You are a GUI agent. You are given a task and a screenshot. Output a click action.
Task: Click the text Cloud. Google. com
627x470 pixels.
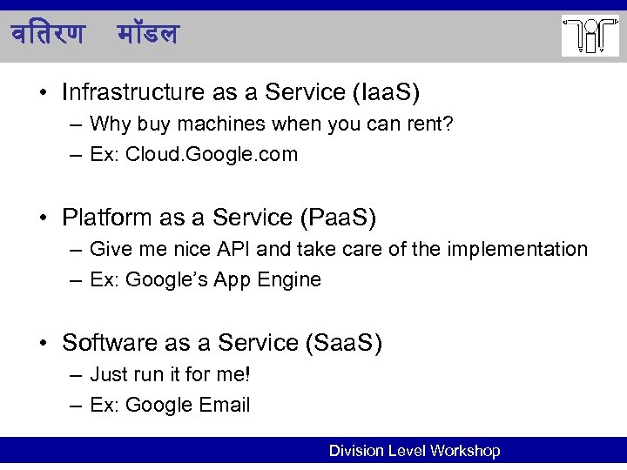(x=212, y=155)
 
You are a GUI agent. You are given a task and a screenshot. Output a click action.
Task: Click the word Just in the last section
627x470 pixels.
(x=109, y=374)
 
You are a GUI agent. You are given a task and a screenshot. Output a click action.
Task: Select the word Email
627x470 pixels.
(x=224, y=405)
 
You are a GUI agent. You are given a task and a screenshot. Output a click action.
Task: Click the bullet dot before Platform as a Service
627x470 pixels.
(x=44, y=218)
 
